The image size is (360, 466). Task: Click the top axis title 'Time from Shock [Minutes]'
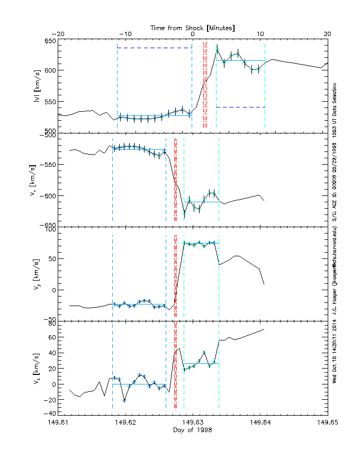point(193,27)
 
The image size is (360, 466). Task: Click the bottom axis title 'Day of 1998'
point(193,430)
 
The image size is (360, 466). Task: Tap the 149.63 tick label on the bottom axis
point(193,423)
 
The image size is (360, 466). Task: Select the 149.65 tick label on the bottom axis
point(327,423)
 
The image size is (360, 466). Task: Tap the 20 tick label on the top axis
point(327,34)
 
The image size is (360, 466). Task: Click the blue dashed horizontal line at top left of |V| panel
point(154,48)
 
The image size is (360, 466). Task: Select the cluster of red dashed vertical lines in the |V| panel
point(205,85)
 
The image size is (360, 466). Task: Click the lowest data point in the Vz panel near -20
point(124,400)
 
